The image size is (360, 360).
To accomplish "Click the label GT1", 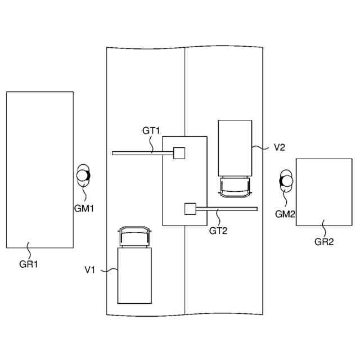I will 151,130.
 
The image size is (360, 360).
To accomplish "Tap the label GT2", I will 218,230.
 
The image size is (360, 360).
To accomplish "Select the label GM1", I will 84,208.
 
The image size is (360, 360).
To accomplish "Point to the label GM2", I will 285,214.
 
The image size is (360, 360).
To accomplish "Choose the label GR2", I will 324,242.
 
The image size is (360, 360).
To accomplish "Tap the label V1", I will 90,270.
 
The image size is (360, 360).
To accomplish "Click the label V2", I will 280,147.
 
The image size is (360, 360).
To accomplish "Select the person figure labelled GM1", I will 84,176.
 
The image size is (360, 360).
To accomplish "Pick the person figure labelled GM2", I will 286,181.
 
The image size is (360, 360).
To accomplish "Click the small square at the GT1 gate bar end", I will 179,153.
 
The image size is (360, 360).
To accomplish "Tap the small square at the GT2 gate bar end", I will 190,209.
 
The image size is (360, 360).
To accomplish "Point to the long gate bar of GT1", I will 141,153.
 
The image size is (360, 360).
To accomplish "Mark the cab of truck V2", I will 235,187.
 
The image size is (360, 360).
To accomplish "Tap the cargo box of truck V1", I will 134,276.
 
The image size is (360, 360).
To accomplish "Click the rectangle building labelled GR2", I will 323,192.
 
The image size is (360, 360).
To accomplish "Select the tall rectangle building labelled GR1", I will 39,169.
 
